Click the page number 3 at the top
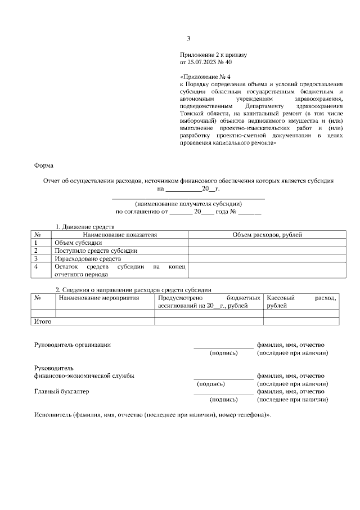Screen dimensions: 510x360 188,39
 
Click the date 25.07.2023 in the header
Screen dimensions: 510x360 203,62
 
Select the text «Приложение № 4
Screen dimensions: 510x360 205,76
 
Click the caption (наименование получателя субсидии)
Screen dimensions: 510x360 188,204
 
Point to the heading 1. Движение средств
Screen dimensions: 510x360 85,226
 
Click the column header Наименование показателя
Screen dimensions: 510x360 120,234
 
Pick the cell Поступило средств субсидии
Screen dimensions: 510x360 96,250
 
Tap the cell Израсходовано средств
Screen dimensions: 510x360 87,258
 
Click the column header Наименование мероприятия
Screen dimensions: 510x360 98,297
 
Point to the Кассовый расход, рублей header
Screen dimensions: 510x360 301,301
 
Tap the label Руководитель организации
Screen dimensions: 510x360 72,345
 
